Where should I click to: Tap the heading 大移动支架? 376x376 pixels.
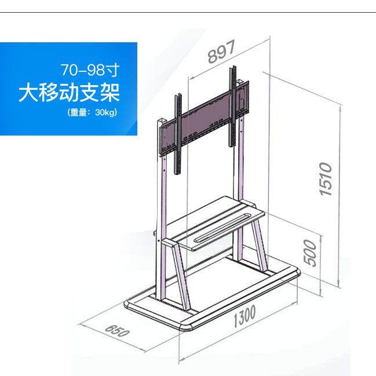pyautogui.click(x=68, y=92)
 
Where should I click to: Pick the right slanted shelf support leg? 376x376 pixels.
pyautogui.click(x=255, y=243)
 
